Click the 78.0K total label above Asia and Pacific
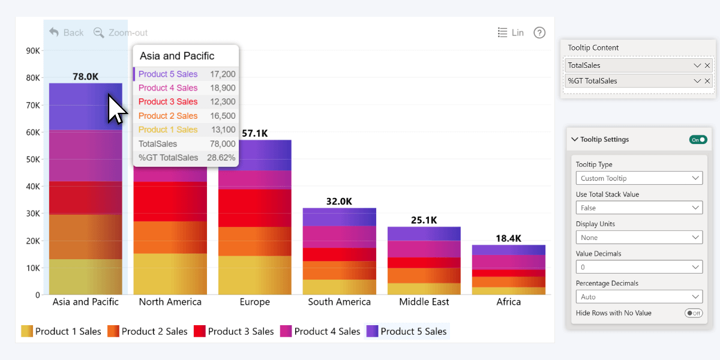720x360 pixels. (85, 76)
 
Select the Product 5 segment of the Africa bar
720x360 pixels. (508, 250)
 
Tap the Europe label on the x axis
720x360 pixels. (254, 302)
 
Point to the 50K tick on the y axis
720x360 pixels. (32, 159)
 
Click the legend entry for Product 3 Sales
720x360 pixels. (233, 331)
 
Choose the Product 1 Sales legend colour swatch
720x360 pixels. (27, 331)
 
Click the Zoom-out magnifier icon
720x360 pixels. (99, 32)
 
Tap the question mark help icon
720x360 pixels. (539, 32)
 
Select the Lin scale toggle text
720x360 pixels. (517, 32)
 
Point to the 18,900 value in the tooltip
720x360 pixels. (223, 88)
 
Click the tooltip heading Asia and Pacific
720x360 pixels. (177, 56)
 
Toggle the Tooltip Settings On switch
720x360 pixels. (698, 139)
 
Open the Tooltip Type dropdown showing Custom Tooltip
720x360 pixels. (638, 178)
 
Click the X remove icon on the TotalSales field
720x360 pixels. (707, 65)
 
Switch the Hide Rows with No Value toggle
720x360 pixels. (694, 313)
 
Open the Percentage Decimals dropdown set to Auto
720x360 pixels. (638, 296)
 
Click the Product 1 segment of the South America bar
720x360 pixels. (339, 287)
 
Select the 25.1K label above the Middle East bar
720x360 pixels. (424, 220)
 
